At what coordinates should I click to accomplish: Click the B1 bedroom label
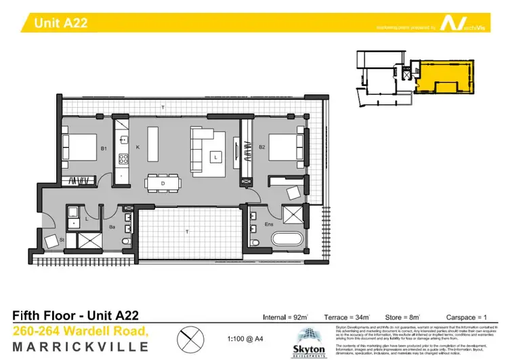(x=104, y=148)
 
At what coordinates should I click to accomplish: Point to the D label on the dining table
(x=163, y=183)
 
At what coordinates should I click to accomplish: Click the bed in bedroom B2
(x=286, y=146)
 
